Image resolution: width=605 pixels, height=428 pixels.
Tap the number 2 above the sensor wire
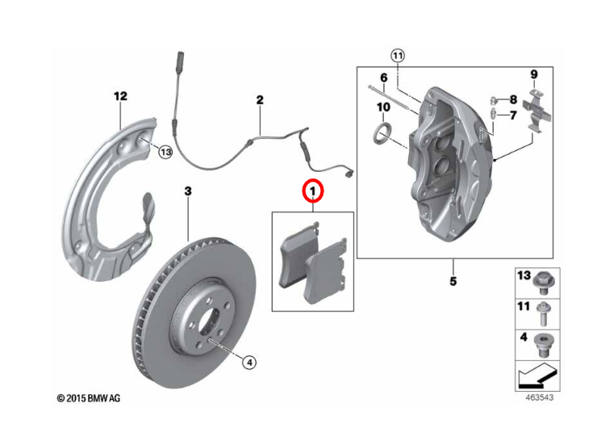(x=260, y=100)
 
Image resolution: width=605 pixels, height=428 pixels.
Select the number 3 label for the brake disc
(x=188, y=191)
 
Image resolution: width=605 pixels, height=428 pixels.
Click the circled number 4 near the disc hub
(x=248, y=363)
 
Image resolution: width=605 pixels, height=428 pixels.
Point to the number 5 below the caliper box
(x=453, y=281)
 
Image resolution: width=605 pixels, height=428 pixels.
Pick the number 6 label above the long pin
(x=384, y=78)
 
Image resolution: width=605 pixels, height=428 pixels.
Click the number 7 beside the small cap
(x=512, y=115)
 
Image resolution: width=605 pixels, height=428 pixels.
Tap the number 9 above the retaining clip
(x=533, y=74)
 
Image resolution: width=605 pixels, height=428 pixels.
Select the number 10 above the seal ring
(x=383, y=107)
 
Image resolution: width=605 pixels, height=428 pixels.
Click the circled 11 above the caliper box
(x=397, y=55)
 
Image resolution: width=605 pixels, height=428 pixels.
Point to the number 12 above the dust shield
(x=120, y=96)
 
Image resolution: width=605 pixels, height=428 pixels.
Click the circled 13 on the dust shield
(x=165, y=151)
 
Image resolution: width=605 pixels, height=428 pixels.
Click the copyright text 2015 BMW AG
(x=89, y=398)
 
